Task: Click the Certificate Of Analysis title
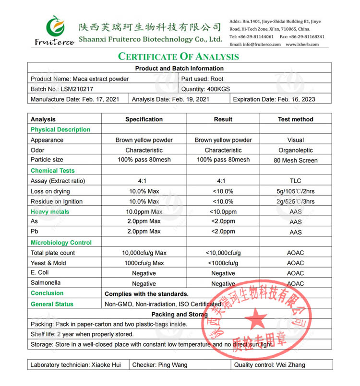coord(179,57)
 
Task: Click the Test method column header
coord(295,119)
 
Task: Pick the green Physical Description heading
coord(60,129)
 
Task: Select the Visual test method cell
coord(295,140)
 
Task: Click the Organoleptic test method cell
coord(295,150)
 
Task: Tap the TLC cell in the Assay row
coord(295,181)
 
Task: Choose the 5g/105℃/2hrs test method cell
coord(295,192)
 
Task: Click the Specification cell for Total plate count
coord(144,253)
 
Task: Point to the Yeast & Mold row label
coord(49,263)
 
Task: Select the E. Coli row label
coord(40,273)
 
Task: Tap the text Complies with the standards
coord(146,294)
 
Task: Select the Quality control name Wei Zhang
coord(290,365)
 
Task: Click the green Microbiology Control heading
coord(61,243)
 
